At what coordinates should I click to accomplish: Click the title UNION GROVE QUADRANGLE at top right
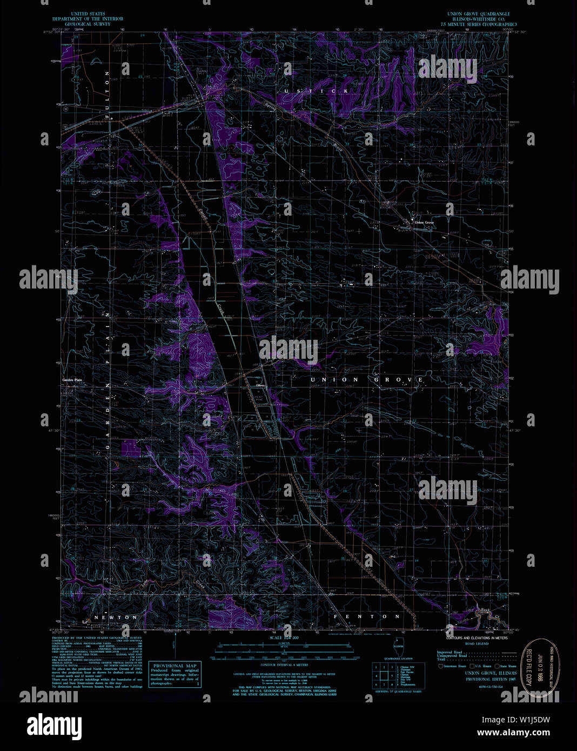tap(478, 14)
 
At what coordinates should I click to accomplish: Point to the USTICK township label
tap(317, 91)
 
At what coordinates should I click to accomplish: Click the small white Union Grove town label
tap(424, 223)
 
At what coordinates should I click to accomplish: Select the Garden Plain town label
tap(71, 380)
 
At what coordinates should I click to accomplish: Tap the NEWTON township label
tap(116, 617)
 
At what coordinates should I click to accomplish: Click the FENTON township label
tap(367, 616)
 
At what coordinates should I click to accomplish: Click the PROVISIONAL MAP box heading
tap(175, 666)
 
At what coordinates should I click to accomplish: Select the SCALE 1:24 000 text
tap(283, 638)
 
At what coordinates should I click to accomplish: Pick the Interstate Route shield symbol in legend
tap(440, 667)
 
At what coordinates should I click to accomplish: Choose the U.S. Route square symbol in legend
tap(471, 667)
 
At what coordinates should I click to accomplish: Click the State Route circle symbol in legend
tap(497, 667)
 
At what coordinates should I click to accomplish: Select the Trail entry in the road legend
tap(441, 659)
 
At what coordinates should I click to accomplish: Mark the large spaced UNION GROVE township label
tap(367, 380)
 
